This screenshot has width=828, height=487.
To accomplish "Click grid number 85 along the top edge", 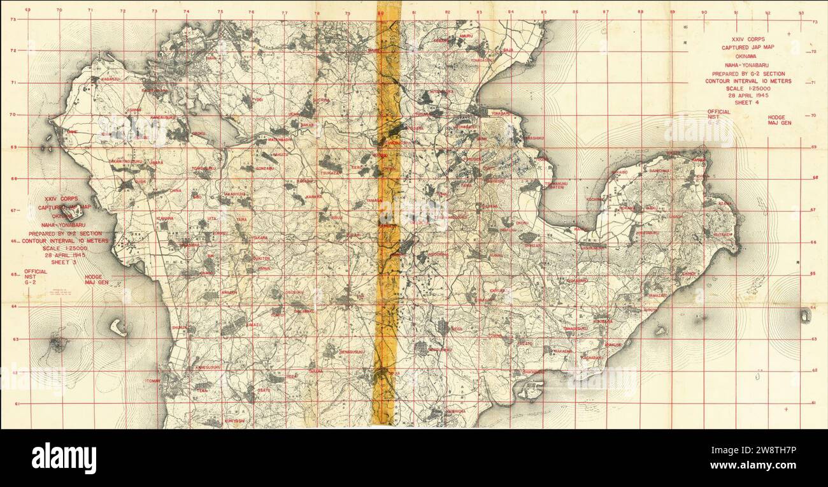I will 543,11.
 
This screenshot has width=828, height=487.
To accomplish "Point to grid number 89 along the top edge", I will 672,11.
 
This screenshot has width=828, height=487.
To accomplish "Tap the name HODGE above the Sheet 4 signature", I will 776,118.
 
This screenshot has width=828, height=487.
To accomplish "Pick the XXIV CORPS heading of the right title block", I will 748,39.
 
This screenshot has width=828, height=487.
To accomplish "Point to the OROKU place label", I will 199,133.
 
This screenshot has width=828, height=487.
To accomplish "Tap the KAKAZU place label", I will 281,154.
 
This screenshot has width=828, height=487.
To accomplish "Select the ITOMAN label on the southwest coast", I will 153,381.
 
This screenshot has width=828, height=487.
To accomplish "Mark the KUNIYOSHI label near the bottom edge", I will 234,421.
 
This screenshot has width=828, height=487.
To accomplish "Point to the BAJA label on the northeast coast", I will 508,49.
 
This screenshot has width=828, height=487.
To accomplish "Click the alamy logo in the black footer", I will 64,458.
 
